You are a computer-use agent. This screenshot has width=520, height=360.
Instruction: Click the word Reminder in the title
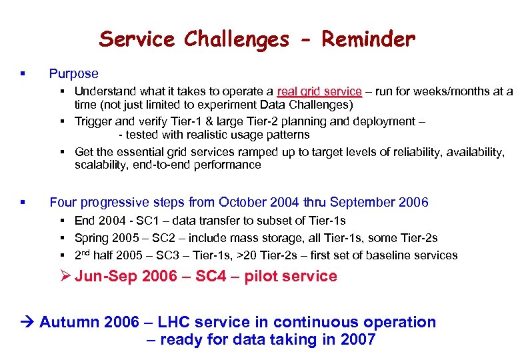(368, 39)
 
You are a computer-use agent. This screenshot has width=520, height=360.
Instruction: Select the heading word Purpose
(73, 74)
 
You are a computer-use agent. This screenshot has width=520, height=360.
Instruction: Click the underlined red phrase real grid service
(319, 91)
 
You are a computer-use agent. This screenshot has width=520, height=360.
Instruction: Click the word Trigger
(93, 121)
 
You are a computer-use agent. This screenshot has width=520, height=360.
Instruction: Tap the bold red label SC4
(212, 276)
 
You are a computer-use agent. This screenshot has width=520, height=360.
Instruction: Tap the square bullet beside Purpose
(23, 74)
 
